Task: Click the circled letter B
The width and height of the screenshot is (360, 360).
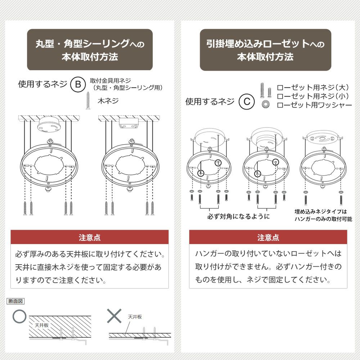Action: pyautogui.click(x=78, y=85)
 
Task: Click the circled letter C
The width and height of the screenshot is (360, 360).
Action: pyautogui.click(x=247, y=102)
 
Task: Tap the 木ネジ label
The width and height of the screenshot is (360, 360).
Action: pyautogui.click(x=108, y=101)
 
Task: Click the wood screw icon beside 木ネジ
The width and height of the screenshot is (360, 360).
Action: pyautogui.click(x=88, y=100)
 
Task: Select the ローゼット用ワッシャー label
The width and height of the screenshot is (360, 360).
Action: pyautogui.click(x=314, y=105)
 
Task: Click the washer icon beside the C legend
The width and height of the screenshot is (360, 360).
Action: pyautogui.click(x=266, y=104)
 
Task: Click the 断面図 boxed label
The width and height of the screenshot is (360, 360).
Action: pyautogui.click(x=15, y=301)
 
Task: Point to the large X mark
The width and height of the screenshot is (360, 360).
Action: pyautogui.click(x=114, y=316)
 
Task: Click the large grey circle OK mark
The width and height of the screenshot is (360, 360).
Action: pyautogui.click(x=19, y=316)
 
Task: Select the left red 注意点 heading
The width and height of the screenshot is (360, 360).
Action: pyautogui.click(x=90, y=237)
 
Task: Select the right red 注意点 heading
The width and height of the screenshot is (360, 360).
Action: pyautogui.click(x=268, y=237)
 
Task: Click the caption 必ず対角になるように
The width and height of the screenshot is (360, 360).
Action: pyautogui.click(x=238, y=216)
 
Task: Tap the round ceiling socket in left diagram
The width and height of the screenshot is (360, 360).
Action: pyautogui.click(x=49, y=125)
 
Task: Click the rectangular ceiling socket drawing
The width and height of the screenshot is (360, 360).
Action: pyautogui.click(x=129, y=123)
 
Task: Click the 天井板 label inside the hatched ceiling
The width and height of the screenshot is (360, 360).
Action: pyautogui.click(x=41, y=325)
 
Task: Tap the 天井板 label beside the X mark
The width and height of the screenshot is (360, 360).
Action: pyautogui.click(x=135, y=317)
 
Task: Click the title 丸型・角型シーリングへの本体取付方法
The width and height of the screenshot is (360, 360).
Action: pyautogui.click(x=90, y=50)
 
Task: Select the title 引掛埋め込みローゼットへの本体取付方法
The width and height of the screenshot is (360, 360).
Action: pyautogui.click(x=265, y=50)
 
